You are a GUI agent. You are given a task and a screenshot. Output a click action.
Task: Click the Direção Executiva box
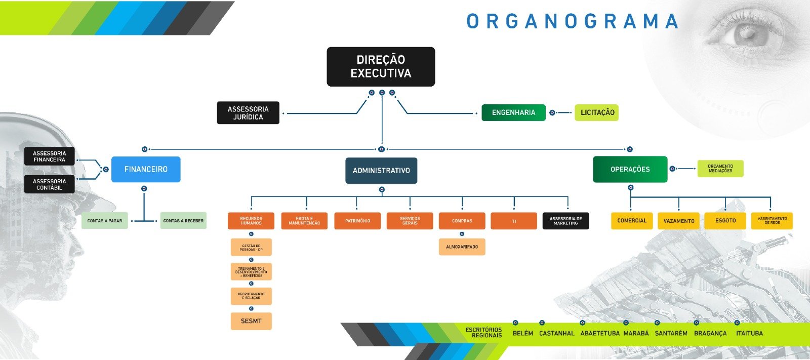click(381, 67)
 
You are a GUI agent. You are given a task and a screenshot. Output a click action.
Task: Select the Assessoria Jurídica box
click(248, 113)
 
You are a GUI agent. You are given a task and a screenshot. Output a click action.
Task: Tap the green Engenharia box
click(513, 112)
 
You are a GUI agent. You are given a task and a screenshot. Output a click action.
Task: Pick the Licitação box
click(597, 112)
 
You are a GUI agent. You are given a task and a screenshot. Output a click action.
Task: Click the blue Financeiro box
click(146, 169)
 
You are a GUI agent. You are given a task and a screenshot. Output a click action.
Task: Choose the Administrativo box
click(381, 171)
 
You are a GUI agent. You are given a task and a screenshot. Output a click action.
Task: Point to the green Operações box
click(630, 169)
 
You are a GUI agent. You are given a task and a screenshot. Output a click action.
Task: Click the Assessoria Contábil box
click(50, 184)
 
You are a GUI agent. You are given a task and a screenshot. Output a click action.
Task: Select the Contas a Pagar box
click(105, 221)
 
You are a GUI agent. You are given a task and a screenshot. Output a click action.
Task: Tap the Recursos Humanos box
click(251, 221)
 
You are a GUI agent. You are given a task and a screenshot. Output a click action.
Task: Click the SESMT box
click(251, 321)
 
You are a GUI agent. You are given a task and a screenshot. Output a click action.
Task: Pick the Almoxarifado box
click(462, 247)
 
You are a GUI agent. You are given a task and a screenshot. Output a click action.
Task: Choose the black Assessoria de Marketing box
click(565, 221)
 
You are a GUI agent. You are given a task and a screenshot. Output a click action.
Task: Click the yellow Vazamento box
click(679, 221)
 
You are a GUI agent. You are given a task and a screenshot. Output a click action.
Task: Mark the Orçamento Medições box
click(720, 169)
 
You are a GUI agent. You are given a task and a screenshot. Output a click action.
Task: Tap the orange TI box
click(514, 221)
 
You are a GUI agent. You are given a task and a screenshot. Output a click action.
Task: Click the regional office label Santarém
click(671, 333)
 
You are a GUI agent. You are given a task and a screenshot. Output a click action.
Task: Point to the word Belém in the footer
click(522, 333)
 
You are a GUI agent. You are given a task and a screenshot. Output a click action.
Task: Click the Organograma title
click(573, 22)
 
